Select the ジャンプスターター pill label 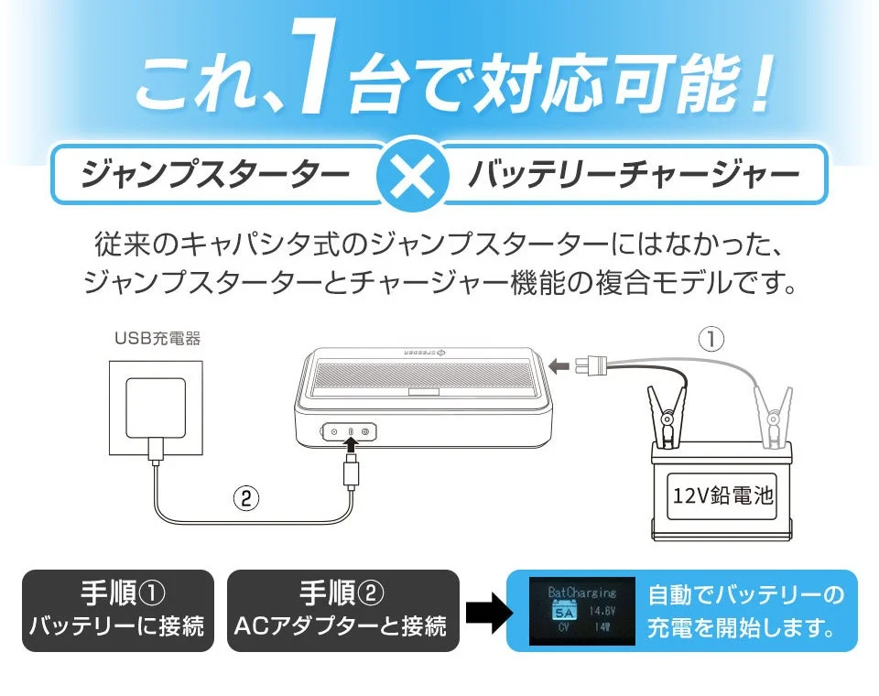click(215, 172)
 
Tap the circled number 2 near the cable click(244, 499)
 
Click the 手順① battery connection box click(117, 611)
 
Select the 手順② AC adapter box click(342, 611)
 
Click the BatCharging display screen click(582, 611)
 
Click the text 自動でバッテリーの click(745, 596)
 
